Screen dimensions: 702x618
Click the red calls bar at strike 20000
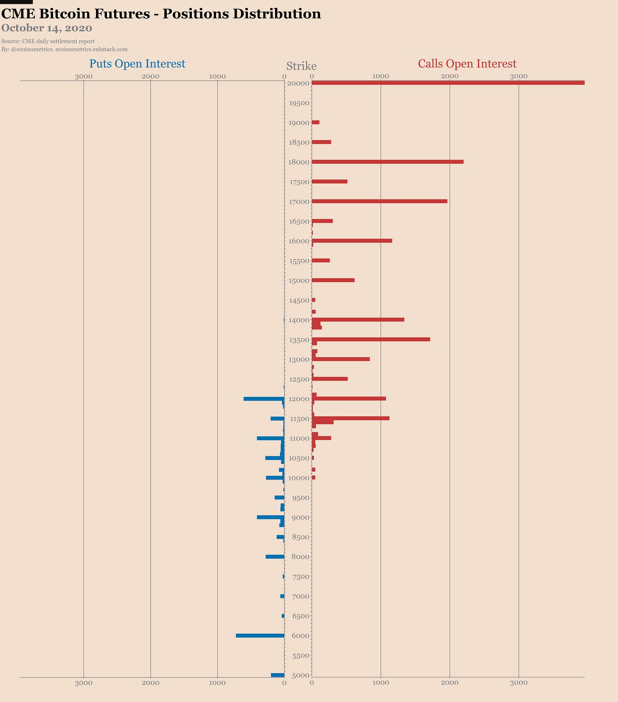(x=448, y=83)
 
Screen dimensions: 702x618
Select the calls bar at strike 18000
(x=388, y=162)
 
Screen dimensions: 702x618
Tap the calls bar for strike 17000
(x=379, y=201)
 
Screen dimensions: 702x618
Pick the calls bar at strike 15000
(x=333, y=280)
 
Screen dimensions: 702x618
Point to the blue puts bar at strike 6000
(x=260, y=635)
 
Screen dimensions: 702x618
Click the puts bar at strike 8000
(x=275, y=556)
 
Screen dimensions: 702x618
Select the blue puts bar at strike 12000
(x=264, y=399)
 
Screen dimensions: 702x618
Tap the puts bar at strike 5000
(x=278, y=675)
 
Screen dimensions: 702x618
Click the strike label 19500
(x=299, y=103)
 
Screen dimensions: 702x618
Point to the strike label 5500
(x=301, y=656)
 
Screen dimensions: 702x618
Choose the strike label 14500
(x=299, y=300)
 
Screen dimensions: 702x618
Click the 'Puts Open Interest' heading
(x=137, y=64)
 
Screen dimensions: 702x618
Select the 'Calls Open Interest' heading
(x=467, y=64)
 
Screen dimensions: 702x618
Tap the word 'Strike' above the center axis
(x=301, y=66)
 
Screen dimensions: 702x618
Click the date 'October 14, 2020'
(x=47, y=28)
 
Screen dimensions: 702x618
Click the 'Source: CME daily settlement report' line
(x=48, y=41)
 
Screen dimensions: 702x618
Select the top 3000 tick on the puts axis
(x=84, y=76)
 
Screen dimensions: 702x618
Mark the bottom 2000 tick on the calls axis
(x=449, y=683)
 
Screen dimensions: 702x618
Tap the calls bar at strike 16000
(x=352, y=241)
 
